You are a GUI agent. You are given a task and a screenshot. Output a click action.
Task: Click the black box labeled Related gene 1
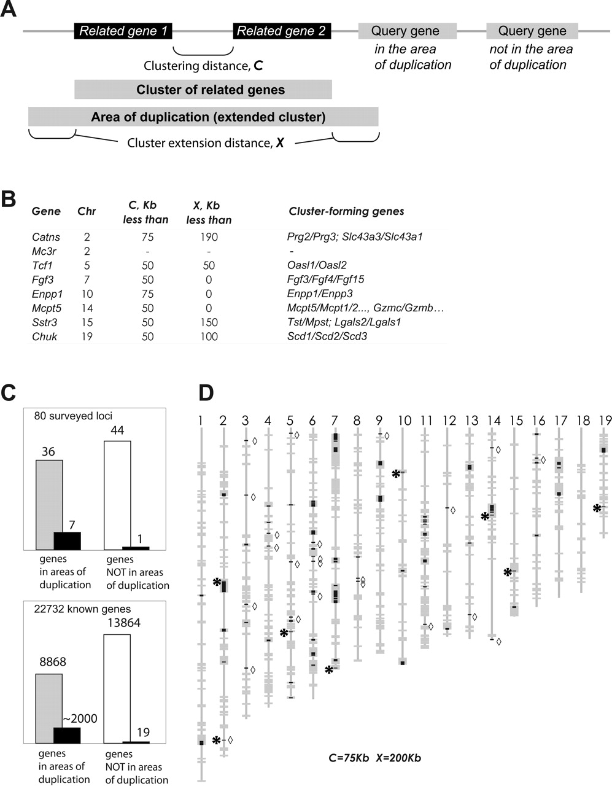coord(123,31)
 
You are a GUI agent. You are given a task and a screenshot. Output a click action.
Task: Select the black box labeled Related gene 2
coord(282,31)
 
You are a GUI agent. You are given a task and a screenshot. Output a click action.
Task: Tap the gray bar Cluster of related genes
coord(203,90)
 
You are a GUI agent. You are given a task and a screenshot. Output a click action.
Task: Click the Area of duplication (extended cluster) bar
coord(203,117)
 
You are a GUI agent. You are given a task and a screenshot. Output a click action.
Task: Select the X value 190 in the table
coord(209,237)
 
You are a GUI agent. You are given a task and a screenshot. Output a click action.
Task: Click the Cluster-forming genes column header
coord(346,211)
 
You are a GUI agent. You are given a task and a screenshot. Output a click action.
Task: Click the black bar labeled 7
coord(68,540)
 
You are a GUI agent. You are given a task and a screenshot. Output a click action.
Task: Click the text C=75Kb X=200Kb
coord(374,758)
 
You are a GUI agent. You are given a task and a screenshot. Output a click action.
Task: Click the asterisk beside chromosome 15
coord(508,572)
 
